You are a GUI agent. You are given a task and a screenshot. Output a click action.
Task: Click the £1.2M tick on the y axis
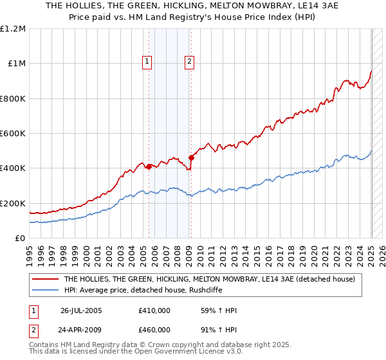(x=13, y=28)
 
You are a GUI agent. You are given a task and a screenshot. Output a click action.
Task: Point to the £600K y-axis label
(x=13, y=134)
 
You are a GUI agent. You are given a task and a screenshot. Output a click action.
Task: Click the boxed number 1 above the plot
(x=147, y=62)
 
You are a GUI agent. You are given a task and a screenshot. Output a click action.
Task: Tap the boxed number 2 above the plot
(x=190, y=62)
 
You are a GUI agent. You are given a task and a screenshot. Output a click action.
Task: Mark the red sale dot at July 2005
(x=149, y=166)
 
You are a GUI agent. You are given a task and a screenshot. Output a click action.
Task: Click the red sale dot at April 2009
(x=191, y=157)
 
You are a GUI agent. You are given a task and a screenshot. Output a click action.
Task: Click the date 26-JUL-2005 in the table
(x=81, y=310)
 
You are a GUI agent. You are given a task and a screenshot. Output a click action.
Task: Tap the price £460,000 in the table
(x=154, y=330)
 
